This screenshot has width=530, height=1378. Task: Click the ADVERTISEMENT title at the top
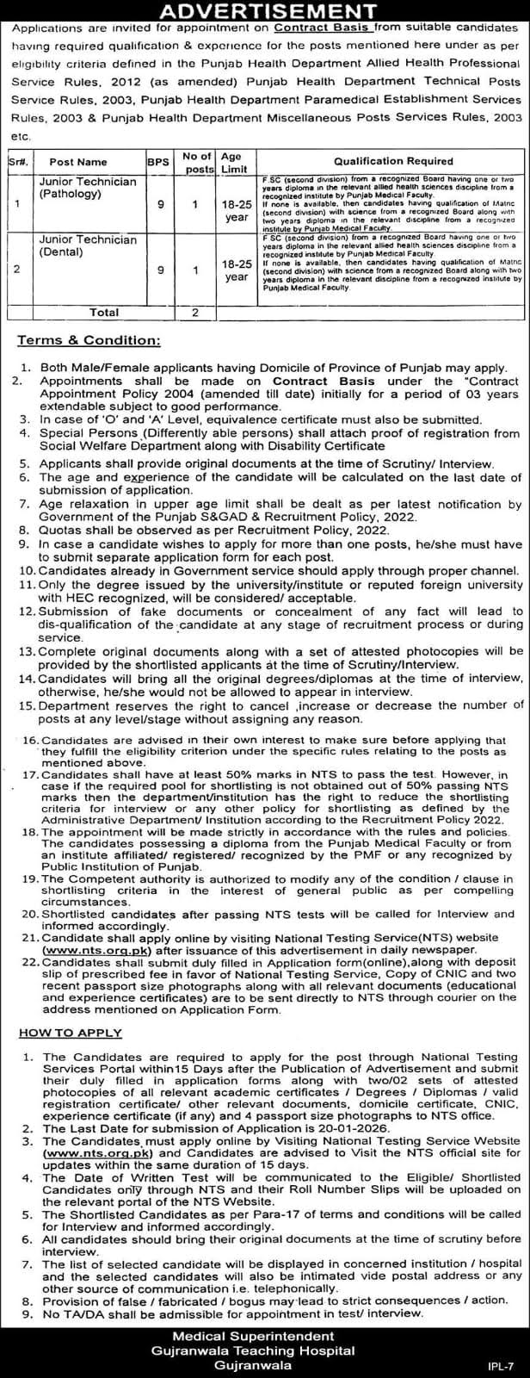(264, 11)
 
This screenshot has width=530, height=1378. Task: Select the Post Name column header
(78, 161)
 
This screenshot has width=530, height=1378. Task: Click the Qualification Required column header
(393, 161)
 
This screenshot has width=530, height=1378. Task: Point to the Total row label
(106, 313)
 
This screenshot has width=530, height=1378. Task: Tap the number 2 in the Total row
(195, 313)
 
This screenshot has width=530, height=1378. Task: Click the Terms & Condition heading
(89, 341)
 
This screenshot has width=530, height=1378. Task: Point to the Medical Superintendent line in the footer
(266, 1334)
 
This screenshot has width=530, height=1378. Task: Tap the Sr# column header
(17, 161)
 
